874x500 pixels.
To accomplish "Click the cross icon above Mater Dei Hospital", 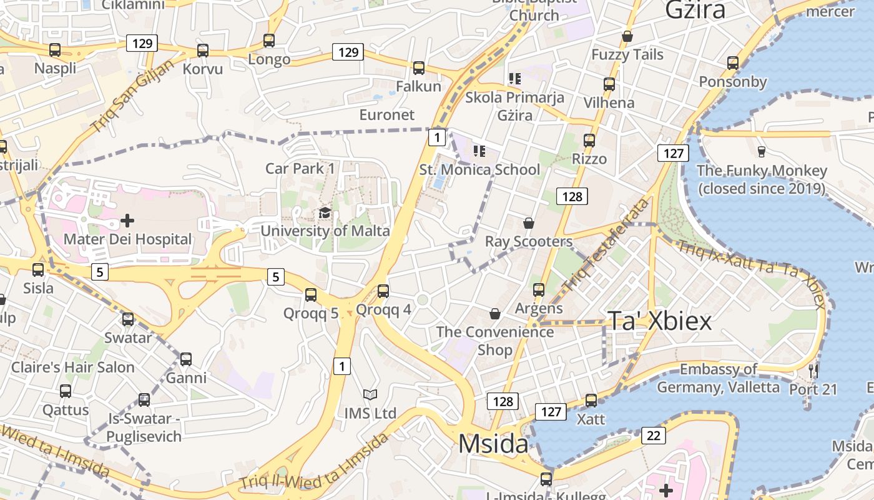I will click(x=127, y=221).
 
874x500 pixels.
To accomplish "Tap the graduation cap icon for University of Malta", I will click(x=325, y=214).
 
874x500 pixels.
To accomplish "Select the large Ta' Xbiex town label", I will click(x=660, y=321).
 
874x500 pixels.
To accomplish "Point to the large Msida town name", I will click(x=493, y=444).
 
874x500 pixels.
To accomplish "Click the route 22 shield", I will click(x=653, y=436).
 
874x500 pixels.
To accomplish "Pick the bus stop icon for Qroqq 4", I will click(x=383, y=291).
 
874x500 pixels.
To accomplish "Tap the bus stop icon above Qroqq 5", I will click(x=311, y=295).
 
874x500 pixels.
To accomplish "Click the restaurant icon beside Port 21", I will click(x=813, y=371).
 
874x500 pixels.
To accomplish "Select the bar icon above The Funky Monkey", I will click(x=761, y=151).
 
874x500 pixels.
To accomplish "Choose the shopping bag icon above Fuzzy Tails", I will click(x=627, y=36).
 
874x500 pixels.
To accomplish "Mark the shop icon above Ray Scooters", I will click(x=529, y=223).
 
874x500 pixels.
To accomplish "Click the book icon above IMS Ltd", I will click(x=370, y=395).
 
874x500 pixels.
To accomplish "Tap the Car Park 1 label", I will click(x=300, y=168).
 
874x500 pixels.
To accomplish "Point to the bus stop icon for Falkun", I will click(x=419, y=68).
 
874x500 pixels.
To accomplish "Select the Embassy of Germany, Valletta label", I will click(x=718, y=378).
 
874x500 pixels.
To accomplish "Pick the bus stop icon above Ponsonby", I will click(x=733, y=63).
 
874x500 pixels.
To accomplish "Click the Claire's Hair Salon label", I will click(x=73, y=367).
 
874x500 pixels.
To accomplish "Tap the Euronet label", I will click(x=387, y=115).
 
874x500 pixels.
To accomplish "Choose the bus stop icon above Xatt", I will click(x=591, y=401).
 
